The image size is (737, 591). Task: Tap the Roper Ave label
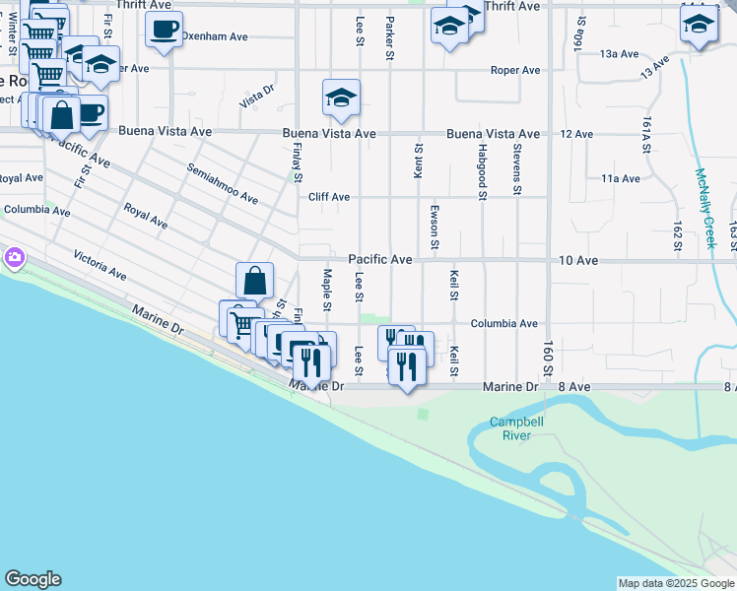click(516, 70)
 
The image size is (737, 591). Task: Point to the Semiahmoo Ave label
click(223, 183)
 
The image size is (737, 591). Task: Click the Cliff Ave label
click(329, 197)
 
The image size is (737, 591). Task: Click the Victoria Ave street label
click(100, 264)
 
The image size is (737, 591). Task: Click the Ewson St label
click(435, 228)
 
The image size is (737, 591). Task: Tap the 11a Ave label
click(621, 178)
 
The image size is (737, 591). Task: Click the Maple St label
click(325, 289)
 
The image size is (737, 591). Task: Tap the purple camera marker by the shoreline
click(14, 258)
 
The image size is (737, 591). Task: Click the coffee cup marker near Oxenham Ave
click(165, 29)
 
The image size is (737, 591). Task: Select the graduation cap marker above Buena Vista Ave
click(341, 98)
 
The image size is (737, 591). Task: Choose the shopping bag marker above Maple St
click(254, 281)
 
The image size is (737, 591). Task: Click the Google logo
click(33, 579)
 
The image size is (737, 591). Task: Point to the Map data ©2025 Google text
click(675, 583)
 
